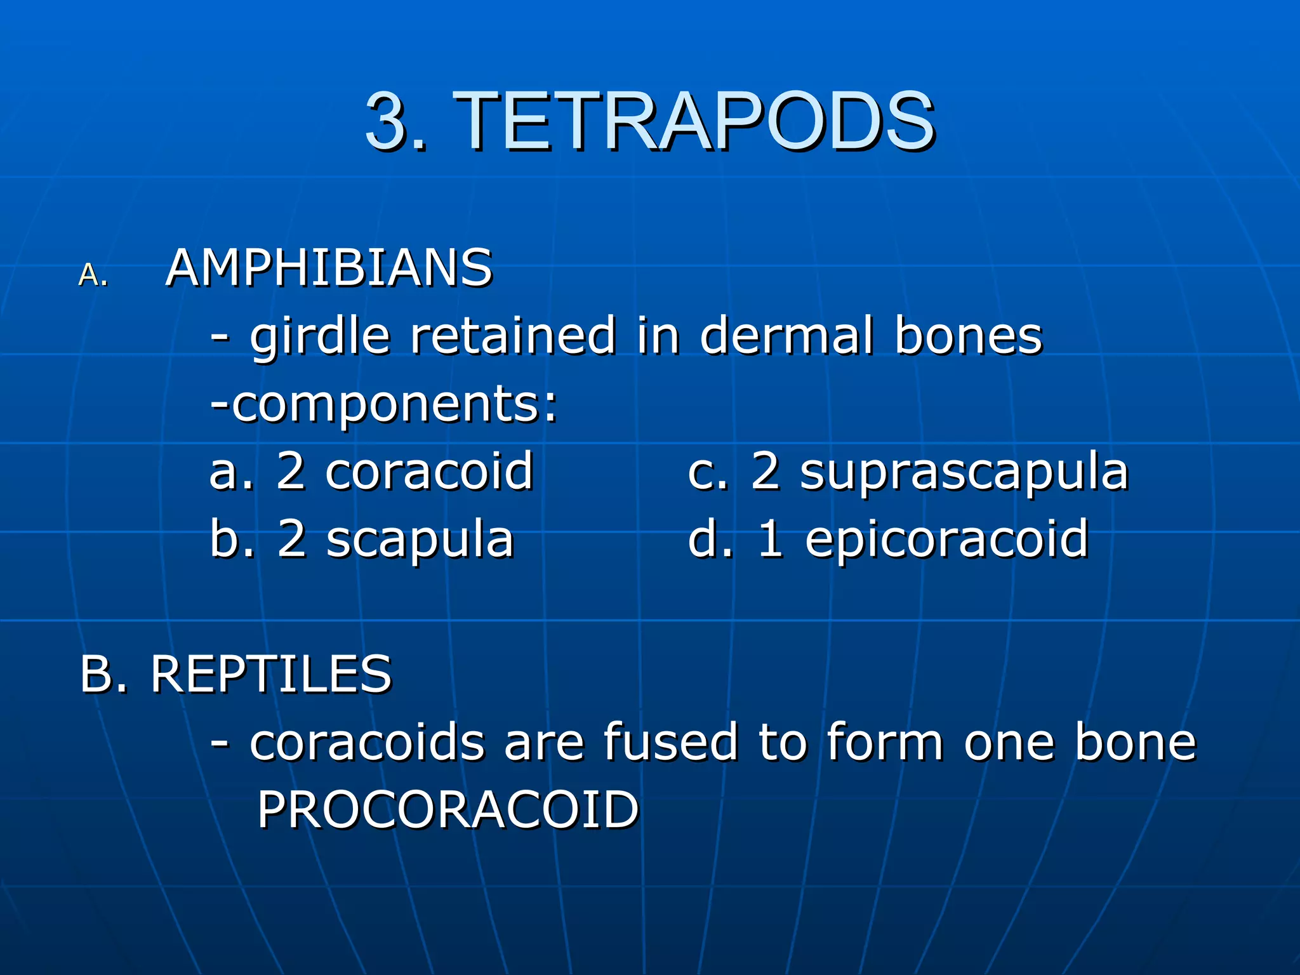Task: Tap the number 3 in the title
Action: [x=388, y=121]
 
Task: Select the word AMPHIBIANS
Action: [x=329, y=268]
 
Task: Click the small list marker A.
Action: [x=93, y=275]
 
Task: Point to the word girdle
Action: [x=319, y=336]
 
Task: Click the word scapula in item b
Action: [x=420, y=540]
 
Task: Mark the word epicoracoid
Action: [x=946, y=540]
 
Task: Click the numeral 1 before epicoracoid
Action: [x=771, y=540]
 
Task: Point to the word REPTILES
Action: [x=271, y=674]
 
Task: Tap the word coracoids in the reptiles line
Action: [x=368, y=742]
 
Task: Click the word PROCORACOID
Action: [x=448, y=810]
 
